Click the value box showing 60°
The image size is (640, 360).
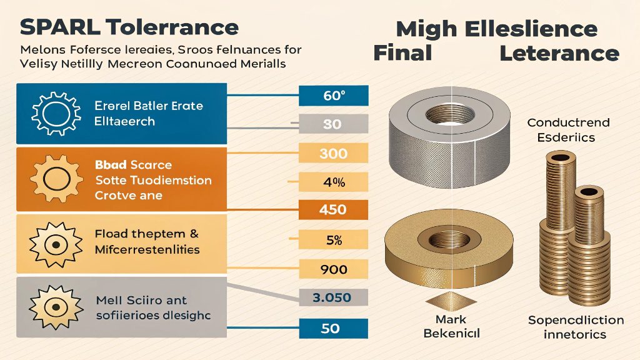click(x=334, y=96)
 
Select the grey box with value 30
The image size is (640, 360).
click(x=332, y=124)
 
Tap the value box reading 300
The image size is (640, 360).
click(x=332, y=154)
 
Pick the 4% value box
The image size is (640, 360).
click(x=332, y=182)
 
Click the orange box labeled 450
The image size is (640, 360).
click(x=332, y=209)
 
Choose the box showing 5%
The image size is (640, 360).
click(x=332, y=239)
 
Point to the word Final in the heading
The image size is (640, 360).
click(x=402, y=53)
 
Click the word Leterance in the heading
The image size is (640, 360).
click(x=559, y=53)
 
